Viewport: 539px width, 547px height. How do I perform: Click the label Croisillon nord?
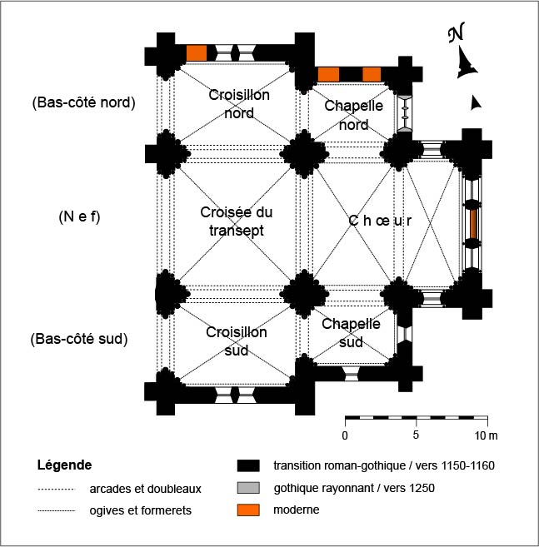240,104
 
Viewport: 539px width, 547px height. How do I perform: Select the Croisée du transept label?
237,221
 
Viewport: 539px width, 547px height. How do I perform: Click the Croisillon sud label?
237,341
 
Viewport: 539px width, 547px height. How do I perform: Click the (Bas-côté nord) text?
83,103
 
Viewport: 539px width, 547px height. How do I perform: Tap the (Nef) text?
79,218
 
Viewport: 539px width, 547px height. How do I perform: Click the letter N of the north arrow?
456,34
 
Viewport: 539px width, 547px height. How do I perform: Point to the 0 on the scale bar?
345,435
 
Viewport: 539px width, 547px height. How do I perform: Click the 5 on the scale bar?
416,435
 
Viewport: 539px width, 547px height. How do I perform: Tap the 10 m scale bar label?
486,435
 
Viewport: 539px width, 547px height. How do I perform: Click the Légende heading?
65,465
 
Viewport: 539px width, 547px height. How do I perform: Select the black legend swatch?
248,465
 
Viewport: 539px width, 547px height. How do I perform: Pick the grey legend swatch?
248,487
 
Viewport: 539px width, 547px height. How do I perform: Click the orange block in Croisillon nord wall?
197,52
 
